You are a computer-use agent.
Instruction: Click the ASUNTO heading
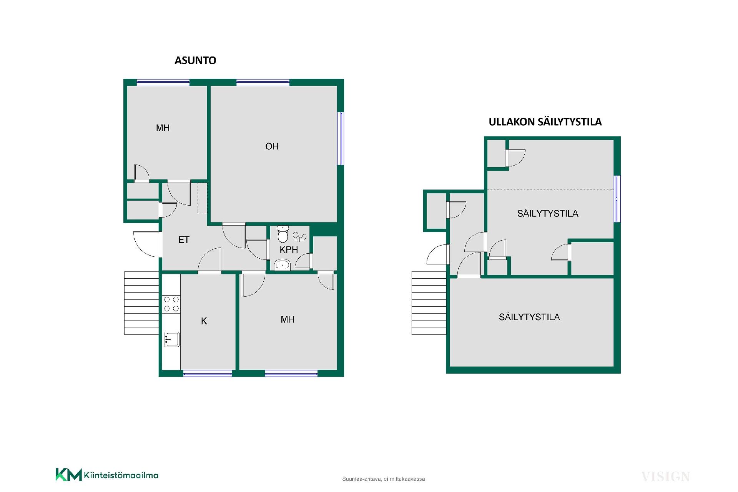tap(195, 60)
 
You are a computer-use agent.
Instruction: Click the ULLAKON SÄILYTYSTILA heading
tap(545, 122)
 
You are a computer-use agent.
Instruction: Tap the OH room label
tap(272, 146)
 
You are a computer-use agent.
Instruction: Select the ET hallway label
tap(184, 240)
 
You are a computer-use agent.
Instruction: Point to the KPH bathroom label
tap(289, 250)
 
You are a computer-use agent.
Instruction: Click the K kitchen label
tap(204, 321)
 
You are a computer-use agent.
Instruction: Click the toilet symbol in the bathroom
tap(283, 234)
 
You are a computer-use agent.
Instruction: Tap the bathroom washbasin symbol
tap(283, 264)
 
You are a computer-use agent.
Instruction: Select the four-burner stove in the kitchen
tap(171, 304)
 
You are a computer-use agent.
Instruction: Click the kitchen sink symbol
tap(172, 339)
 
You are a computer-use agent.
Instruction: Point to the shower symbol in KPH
tap(299, 236)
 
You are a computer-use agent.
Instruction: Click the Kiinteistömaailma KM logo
tap(107, 475)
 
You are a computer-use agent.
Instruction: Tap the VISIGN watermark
tap(666, 477)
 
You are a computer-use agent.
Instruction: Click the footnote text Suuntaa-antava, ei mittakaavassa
tap(384, 479)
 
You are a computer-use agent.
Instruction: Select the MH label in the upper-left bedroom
tap(163, 128)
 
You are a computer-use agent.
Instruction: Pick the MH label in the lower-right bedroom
tap(288, 319)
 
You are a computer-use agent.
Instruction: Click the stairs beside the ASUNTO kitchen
tap(141, 303)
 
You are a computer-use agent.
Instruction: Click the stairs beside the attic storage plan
tap(429, 303)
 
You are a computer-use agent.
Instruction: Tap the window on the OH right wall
tap(341, 138)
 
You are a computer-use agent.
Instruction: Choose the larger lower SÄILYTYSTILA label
tap(529, 317)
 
